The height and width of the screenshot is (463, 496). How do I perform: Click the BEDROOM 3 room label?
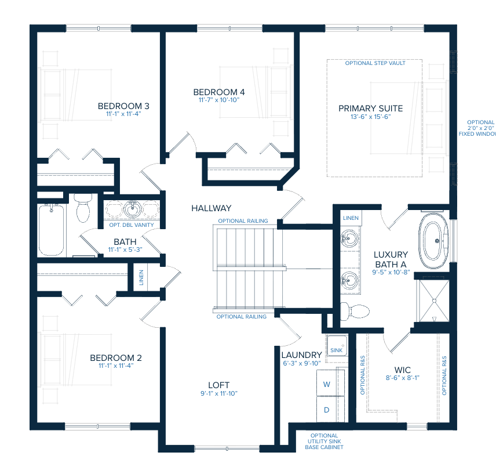pyautogui.click(x=123, y=106)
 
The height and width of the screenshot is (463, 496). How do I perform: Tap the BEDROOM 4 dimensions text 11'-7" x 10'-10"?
pyautogui.click(x=218, y=100)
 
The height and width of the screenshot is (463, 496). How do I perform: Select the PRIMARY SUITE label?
pyautogui.click(x=370, y=108)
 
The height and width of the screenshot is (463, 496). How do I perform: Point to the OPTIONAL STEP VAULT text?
pyautogui.click(x=375, y=63)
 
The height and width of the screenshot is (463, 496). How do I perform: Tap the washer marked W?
pyautogui.click(x=326, y=384)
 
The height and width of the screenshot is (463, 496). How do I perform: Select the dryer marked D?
pyautogui.click(x=326, y=410)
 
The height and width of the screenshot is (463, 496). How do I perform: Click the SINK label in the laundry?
pyautogui.click(x=336, y=351)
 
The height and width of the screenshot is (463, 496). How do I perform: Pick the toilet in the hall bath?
pyautogui.click(x=83, y=209)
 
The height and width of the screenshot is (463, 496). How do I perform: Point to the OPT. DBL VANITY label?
pyautogui.click(x=132, y=225)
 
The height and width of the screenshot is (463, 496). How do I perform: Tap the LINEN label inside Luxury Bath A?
pyautogui.click(x=351, y=218)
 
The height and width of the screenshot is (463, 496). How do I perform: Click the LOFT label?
pyautogui.click(x=218, y=385)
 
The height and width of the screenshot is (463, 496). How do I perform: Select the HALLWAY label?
pyautogui.click(x=211, y=208)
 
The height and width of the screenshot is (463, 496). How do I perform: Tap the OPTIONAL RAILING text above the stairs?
pyautogui.click(x=243, y=221)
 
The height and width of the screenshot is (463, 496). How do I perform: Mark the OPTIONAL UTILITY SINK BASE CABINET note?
pyautogui.click(x=324, y=442)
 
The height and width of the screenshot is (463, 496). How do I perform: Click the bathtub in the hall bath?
pyautogui.click(x=51, y=229)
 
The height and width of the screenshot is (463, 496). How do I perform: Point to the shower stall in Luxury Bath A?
pyautogui.click(x=433, y=299)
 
